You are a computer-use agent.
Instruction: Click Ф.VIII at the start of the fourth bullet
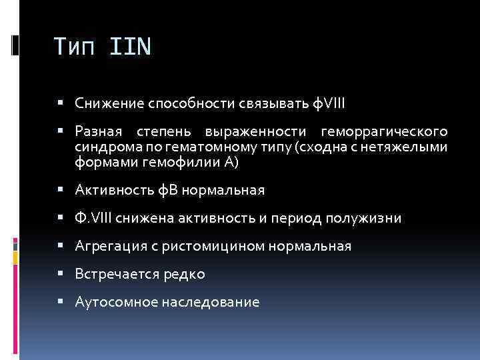point(93,218)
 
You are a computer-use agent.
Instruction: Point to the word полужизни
point(368,218)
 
